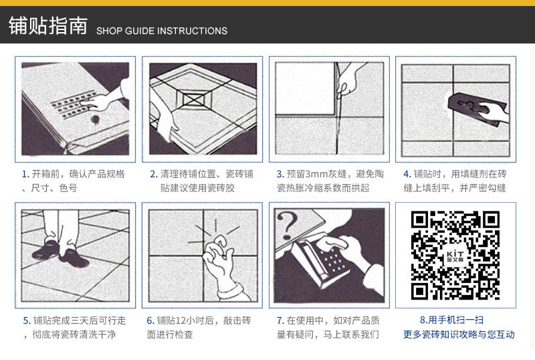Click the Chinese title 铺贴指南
(47, 26)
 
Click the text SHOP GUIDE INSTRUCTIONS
(162, 31)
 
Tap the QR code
(455, 255)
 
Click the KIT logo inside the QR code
(455, 256)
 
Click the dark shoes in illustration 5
(53, 252)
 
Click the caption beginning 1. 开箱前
(74, 181)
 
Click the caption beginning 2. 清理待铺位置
(201, 181)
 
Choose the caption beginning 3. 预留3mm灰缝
(329, 181)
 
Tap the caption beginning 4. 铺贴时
(455, 181)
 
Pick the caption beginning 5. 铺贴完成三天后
(74, 327)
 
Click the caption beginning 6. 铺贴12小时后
(201, 327)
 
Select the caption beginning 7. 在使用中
(328, 327)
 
